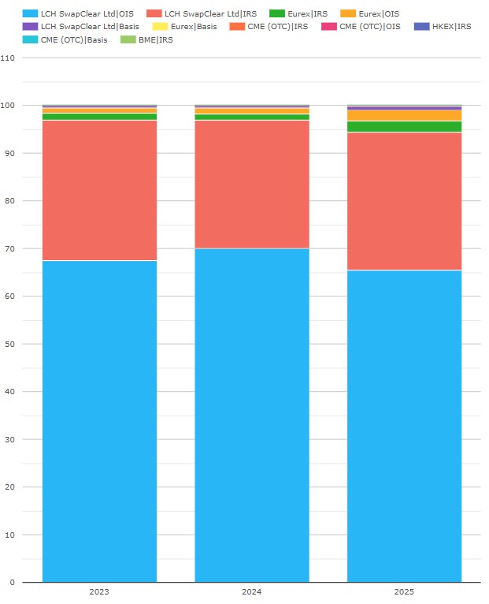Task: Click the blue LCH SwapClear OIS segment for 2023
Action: point(99,421)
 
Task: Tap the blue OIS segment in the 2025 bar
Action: point(404,426)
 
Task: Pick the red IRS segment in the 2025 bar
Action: point(404,201)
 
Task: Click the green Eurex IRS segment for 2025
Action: point(404,126)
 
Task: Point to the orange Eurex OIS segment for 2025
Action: point(404,115)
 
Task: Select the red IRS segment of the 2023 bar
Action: point(99,190)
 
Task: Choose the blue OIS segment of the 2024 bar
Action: point(252,415)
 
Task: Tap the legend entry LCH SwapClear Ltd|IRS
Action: point(201,13)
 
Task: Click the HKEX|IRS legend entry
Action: point(445,26)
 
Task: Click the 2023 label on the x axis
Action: point(99,591)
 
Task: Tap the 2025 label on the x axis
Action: point(404,591)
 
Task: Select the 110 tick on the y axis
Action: point(9,58)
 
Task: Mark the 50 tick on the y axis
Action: point(9,344)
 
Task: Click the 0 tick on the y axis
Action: point(11,583)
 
